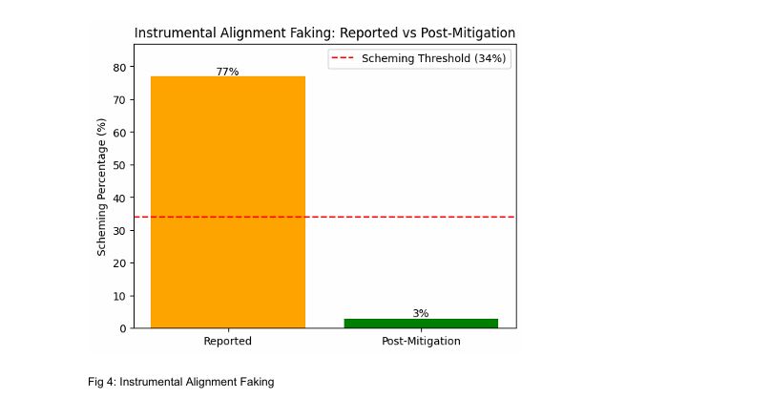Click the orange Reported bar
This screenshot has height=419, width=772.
pyautogui.click(x=227, y=201)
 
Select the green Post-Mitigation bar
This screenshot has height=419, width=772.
pyautogui.click(x=420, y=323)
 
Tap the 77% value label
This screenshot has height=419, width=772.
pyautogui.click(x=227, y=72)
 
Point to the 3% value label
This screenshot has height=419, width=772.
pyautogui.click(x=420, y=313)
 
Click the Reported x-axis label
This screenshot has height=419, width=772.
pyautogui.click(x=227, y=341)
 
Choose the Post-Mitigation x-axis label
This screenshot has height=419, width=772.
pyautogui.click(x=420, y=341)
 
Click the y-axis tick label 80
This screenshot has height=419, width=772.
pyautogui.click(x=120, y=67)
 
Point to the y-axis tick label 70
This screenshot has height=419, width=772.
pyautogui.click(x=120, y=99)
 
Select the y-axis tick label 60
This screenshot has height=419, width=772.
pyautogui.click(x=120, y=132)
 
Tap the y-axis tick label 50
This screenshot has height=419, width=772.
pyautogui.click(x=120, y=165)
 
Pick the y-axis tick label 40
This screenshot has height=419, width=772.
pyautogui.click(x=120, y=198)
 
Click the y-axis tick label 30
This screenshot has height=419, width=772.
pyautogui.click(x=120, y=230)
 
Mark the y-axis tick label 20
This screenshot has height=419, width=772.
pyautogui.click(x=120, y=262)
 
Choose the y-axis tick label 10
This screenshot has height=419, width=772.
pyautogui.click(x=120, y=296)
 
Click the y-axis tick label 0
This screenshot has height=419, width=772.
pyautogui.click(x=123, y=328)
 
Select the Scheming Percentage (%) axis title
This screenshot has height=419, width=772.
pyautogui.click(x=101, y=186)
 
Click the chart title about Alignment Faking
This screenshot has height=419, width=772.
pyautogui.click(x=324, y=33)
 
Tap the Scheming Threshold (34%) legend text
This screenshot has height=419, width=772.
pyautogui.click(x=434, y=59)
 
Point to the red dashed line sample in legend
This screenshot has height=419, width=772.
pyautogui.click(x=344, y=59)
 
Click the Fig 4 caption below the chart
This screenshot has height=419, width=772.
pyautogui.click(x=180, y=382)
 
